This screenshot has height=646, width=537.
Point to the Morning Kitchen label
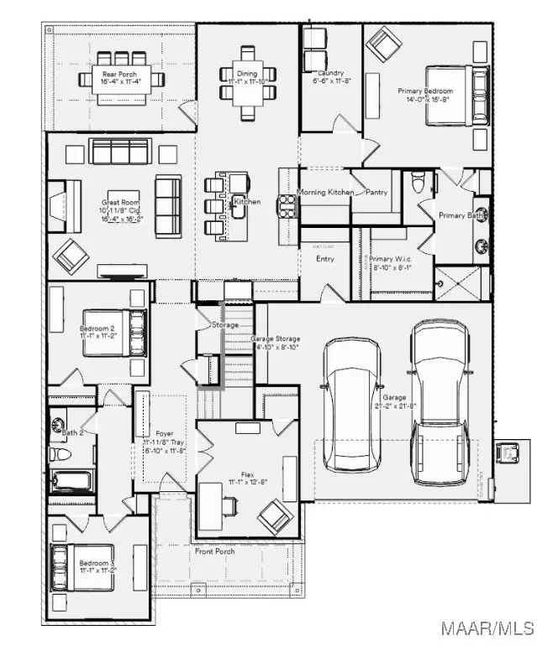[x=325, y=193]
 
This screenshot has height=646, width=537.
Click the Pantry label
[x=376, y=193]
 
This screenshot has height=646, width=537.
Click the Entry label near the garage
[x=325, y=259]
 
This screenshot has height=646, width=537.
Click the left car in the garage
[x=352, y=394]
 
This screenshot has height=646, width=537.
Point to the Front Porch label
[x=228, y=551]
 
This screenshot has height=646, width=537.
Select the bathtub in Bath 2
[x=71, y=481]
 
